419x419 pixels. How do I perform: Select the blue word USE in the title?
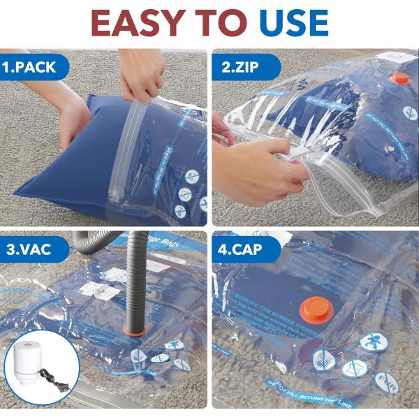294,23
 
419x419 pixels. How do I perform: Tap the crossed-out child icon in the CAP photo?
373,343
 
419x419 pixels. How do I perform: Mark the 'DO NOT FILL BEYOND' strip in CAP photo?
311,391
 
